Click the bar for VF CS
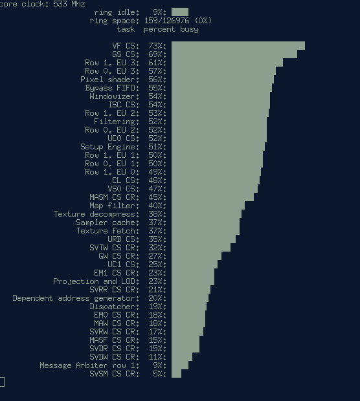(238, 46)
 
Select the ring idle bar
(180, 12)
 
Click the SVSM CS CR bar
(176, 374)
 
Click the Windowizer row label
(114, 96)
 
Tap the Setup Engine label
(109, 147)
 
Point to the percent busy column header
(171, 29)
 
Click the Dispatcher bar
(189, 307)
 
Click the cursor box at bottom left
(2, 382)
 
